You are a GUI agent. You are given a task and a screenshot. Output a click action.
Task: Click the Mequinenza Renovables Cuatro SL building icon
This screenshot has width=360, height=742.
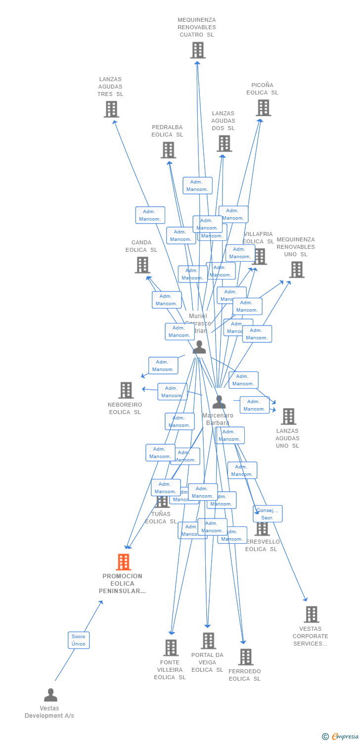point(198,50)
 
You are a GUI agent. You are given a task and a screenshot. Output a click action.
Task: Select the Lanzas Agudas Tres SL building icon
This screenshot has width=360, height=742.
point(111,109)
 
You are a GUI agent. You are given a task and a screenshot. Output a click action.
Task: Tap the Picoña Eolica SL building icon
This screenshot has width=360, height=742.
point(263,108)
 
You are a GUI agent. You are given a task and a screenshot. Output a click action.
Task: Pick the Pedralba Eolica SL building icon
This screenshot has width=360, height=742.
point(168,150)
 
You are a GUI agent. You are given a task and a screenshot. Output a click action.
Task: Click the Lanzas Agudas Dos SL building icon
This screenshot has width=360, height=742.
point(224,143)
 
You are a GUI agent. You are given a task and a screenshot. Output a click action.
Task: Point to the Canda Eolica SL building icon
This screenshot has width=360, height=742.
point(142,265)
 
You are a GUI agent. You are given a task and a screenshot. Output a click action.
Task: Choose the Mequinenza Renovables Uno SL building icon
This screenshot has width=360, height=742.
point(297,270)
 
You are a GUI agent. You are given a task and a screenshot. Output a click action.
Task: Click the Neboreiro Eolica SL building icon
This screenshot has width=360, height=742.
point(126,390)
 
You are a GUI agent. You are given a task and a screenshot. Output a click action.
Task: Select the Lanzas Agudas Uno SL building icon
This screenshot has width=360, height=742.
point(288,417)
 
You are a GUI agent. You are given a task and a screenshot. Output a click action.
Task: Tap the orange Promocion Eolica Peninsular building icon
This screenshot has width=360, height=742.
point(123,562)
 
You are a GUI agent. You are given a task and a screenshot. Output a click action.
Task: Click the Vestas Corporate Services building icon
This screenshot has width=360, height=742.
point(311,614)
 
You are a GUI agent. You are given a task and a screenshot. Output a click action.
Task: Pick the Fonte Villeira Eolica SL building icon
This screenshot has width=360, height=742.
point(171,648)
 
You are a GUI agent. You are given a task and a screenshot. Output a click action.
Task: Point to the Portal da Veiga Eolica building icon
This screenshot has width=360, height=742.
point(208,641)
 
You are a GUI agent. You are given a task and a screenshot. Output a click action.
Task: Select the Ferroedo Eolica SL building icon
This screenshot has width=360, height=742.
point(245,657)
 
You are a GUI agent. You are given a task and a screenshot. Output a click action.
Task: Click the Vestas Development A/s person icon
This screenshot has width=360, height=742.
point(50,695)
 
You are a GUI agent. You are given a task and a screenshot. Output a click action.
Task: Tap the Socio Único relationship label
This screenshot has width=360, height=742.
point(79,640)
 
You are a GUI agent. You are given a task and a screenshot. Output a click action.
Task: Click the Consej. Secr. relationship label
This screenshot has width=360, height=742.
point(268,514)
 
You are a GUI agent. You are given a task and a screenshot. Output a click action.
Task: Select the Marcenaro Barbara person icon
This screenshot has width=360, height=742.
point(219,402)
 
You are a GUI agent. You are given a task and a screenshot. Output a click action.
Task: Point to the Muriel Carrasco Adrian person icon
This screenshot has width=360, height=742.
point(199,347)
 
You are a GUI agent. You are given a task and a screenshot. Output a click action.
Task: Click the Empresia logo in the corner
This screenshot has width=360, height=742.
point(341,737)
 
